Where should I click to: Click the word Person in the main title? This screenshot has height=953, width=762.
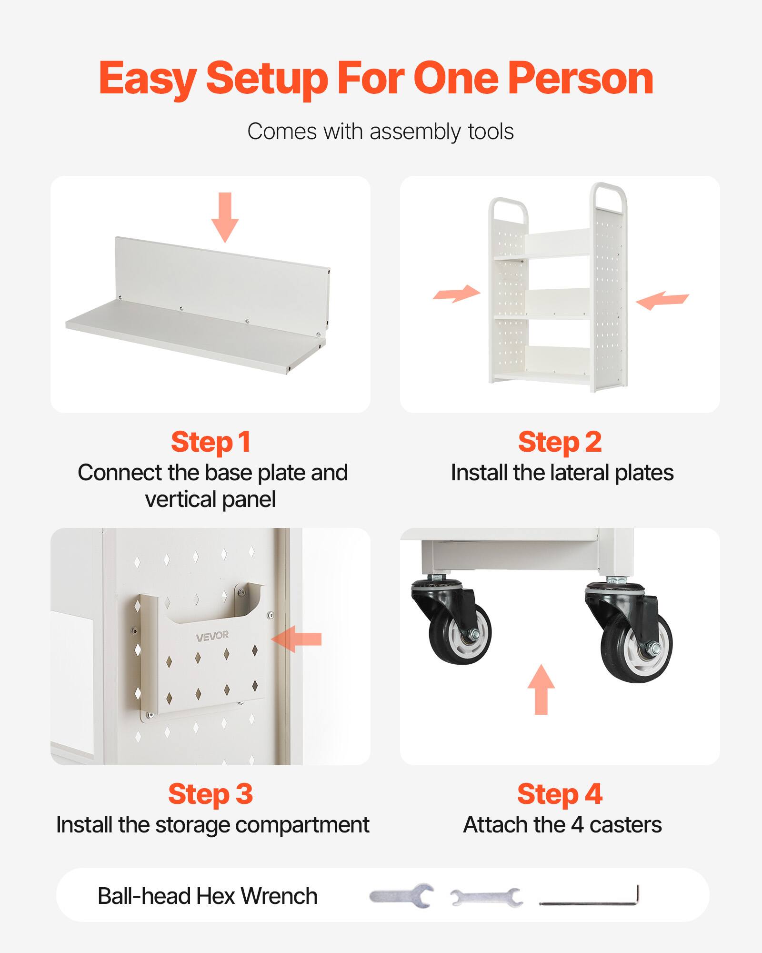coord(581,79)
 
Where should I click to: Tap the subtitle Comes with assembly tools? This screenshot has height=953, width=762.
coord(381,132)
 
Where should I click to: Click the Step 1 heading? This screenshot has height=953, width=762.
coord(211,442)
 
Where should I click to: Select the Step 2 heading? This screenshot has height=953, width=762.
coord(560,442)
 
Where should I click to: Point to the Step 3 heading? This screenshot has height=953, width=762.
coord(211,794)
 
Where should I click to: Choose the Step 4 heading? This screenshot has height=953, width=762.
coord(560,794)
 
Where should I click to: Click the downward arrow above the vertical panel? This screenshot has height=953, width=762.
coord(225,217)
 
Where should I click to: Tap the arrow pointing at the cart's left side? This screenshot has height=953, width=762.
coord(456,294)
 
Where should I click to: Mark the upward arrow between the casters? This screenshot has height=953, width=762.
coord(541,689)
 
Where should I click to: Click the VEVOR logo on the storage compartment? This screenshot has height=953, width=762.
coord(212,635)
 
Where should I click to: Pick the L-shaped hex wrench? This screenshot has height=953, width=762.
coord(591,901)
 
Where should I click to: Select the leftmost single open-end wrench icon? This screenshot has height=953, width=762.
coord(401,896)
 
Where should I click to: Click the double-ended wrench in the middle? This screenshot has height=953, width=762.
coord(486,898)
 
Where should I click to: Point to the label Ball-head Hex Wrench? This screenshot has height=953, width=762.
coord(208,896)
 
